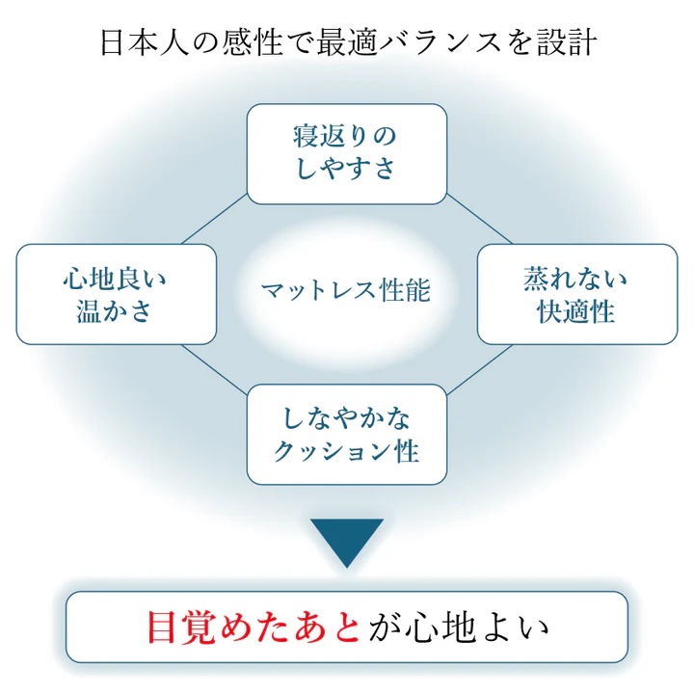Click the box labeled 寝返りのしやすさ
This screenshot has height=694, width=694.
pos(347,153)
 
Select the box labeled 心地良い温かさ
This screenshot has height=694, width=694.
pos(116,294)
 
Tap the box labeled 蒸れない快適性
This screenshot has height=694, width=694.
pos(576,294)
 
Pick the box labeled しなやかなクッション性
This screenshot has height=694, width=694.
pos(347,434)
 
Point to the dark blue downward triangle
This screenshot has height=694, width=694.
pos(347,540)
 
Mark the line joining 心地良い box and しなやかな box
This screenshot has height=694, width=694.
pos(214,364)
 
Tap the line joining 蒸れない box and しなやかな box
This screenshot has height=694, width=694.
pos(479,364)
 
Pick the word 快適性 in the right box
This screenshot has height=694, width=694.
pos(576,311)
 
